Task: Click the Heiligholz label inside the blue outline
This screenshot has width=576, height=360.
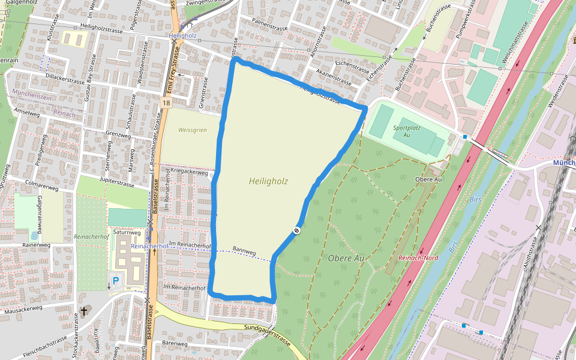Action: [268, 181]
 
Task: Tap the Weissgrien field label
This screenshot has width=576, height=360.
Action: [192, 130]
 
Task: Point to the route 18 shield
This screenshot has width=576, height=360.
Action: [166, 104]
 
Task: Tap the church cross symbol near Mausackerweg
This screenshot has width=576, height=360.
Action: [85, 310]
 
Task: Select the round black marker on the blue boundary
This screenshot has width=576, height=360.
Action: [296, 230]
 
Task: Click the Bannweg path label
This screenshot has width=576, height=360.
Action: [244, 251]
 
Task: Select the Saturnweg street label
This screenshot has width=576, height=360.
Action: [127, 232]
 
